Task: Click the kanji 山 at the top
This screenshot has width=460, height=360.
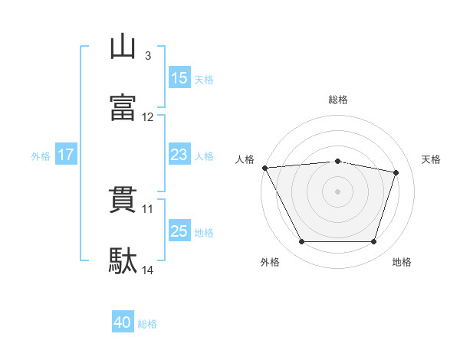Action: [x=123, y=46]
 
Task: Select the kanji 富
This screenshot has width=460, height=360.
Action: [x=123, y=107]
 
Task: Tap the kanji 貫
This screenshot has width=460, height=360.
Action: [x=123, y=200]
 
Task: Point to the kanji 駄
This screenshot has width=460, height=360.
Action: [x=123, y=260]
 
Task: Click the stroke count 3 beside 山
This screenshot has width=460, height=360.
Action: [x=148, y=56]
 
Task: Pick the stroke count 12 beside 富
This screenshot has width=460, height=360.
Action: [x=147, y=117]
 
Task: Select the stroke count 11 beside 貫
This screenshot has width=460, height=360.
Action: [x=147, y=209]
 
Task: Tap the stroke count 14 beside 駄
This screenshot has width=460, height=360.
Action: [x=147, y=270]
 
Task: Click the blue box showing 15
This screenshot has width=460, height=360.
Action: [x=179, y=77]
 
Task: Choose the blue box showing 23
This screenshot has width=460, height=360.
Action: [x=179, y=154]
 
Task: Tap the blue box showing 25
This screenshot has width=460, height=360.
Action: [x=179, y=230]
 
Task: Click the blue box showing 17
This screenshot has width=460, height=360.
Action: [x=66, y=154]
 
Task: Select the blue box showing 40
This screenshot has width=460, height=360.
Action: [x=123, y=321]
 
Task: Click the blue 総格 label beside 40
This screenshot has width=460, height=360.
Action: [x=147, y=324]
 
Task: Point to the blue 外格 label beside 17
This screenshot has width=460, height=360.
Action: [x=41, y=156]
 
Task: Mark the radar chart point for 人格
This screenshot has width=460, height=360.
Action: [x=265, y=168]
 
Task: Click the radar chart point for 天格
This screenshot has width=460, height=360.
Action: [x=396, y=172]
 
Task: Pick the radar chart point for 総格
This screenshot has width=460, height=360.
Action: [x=337, y=162]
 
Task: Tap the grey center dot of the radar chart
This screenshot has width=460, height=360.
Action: [x=337, y=191]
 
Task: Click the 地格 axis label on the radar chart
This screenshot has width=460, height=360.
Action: [x=402, y=262]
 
